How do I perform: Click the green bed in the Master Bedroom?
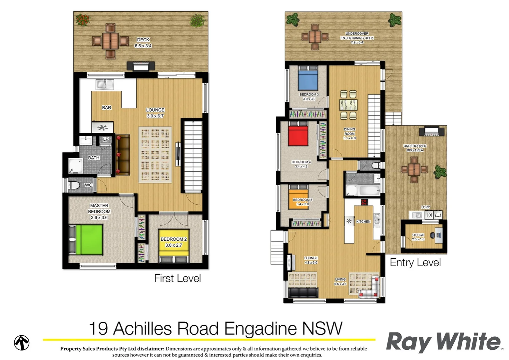89,239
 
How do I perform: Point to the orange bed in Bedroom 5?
298,199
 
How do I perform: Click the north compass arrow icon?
22,343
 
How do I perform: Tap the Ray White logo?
443,342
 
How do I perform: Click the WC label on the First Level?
88,185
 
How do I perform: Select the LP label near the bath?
106,139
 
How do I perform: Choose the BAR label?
107,108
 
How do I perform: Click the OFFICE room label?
418,235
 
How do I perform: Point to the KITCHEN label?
363,222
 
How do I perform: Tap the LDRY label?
425,207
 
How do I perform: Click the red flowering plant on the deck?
83,20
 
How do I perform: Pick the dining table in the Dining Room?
348,105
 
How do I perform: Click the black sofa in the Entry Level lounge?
302,293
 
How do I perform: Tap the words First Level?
177,278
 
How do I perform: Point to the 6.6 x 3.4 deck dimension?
143,46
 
